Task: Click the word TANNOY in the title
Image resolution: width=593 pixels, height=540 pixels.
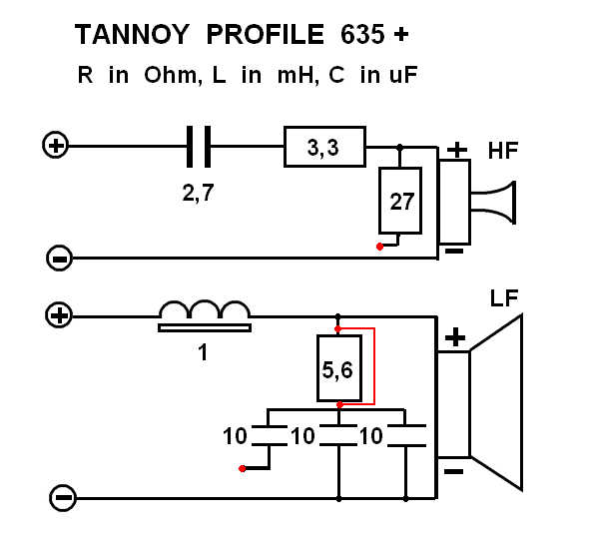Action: (132, 34)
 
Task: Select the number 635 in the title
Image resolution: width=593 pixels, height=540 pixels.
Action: (362, 34)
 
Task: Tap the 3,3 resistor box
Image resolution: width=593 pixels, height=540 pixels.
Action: (324, 147)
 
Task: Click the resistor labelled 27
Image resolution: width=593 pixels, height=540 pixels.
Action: (400, 201)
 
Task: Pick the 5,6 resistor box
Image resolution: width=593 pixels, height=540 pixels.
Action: (339, 368)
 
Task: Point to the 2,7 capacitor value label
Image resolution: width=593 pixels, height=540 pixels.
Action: (199, 193)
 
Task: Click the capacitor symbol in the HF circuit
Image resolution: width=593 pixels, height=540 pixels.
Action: (199, 147)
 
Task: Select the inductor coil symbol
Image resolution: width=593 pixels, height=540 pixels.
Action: (205, 315)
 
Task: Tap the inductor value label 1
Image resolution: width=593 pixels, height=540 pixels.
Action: (203, 352)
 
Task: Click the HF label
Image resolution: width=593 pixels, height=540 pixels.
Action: (503, 151)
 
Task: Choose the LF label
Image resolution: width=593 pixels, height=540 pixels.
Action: (504, 298)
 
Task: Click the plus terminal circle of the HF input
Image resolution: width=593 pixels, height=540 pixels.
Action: (55, 145)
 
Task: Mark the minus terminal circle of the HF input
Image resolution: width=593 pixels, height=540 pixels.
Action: (59, 259)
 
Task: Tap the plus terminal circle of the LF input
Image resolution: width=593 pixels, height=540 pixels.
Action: (59, 315)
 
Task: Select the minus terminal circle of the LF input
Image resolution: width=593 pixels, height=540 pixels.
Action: (63, 498)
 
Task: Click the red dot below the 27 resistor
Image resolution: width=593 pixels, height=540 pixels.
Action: (379, 247)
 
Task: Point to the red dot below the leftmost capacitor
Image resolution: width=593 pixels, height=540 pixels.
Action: (242, 468)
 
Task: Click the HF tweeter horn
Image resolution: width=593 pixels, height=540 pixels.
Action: (493, 203)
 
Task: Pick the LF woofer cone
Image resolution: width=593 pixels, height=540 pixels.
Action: (496, 402)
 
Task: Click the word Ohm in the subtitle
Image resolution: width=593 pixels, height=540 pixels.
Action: (173, 75)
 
